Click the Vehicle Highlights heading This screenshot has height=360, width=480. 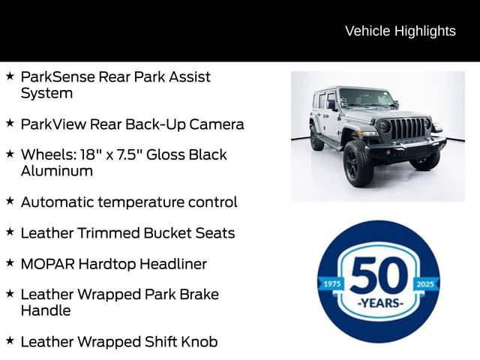pos(400,31)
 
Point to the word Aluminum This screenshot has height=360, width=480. pos(57,171)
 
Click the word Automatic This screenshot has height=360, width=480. pos(59,202)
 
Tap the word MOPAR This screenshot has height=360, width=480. pos(47,264)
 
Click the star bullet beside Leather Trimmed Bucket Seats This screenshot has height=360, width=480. pos(10,232)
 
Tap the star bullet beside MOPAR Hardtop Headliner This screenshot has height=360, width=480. pos(10,262)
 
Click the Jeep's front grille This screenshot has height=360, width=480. pos(406,128)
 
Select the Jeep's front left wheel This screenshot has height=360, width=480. pos(358,163)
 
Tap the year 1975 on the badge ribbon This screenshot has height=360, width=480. pos(330,284)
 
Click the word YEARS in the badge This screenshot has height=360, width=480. pos(379,303)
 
